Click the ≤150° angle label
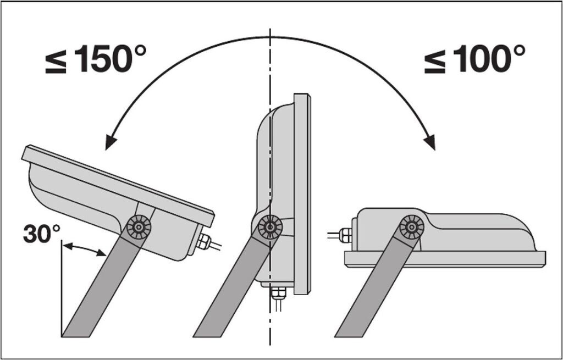pyautogui.click(x=96, y=59)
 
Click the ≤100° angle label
pyautogui.click(x=474, y=59)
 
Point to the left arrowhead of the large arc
pyautogui.click(x=110, y=142)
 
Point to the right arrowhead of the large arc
pyautogui.click(x=430, y=142)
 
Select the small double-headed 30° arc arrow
pyautogui.click(x=84, y=249)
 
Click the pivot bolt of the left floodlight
pyautogui.click(x=139, y=227)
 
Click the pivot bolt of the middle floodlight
pyautogui.click(x=269, y=226)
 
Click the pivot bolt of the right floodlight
pyautogui.click(x=411, y=227)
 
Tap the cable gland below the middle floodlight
pyautogui.click(x=278, y=294)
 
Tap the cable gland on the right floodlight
pyautogui.click(x=346, y=235)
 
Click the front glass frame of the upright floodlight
pyautogui.click(x=302, y=194)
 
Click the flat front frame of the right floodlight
pyautogui.click(x=445, y=259)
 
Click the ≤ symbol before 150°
pyautogui.click(x=56, y=64)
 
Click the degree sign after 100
pyautogui.click(x=517, y=51)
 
